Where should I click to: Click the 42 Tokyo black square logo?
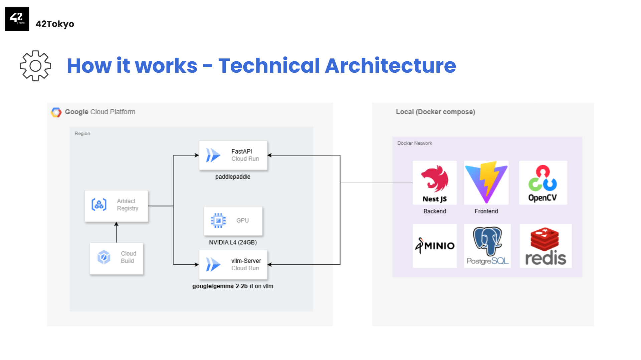tap(17, 19)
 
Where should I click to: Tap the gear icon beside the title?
tap(35, 66)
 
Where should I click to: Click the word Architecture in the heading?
tap(390, 65)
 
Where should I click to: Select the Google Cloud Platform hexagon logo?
tap(56, 112)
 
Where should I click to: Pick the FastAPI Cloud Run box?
tap(233, 155)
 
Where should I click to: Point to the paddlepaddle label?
tap(233, 177)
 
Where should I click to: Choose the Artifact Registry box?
tap(116, 206)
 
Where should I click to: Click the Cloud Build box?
tap(116, 258)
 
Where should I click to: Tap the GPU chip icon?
tap(218, 221)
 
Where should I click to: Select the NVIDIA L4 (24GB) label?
tap(233, 242)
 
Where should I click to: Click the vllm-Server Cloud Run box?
tap(233, 265)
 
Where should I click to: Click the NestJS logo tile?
tap(435, 183)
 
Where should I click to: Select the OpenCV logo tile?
tap(543, 183)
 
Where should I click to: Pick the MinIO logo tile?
tap(435, 246)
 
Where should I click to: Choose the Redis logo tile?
tap(546, 246)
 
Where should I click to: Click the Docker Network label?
tap(415, 143)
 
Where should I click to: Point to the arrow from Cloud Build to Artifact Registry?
tap(116, 232)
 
